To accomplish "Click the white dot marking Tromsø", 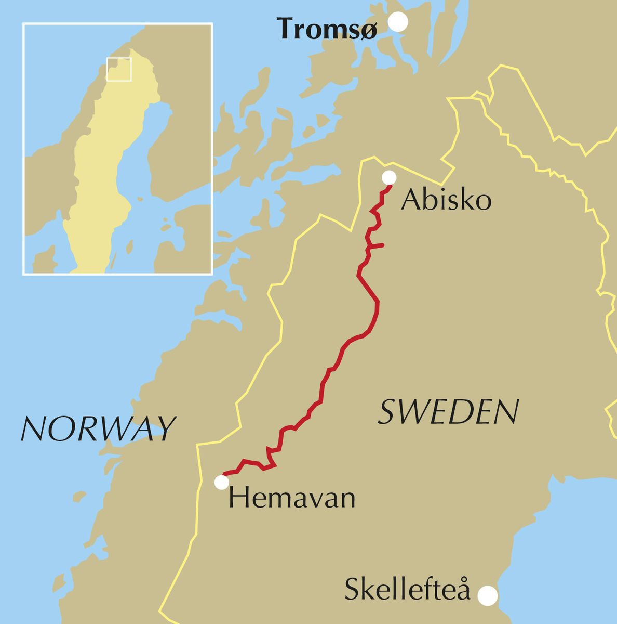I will (399, 22).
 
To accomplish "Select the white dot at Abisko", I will (389, 178).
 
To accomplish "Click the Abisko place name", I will (446, 200).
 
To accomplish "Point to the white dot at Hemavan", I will (222, 483).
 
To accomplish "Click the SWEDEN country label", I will (448, 412).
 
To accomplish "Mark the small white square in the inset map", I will (119, 69).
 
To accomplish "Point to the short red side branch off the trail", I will (376, 245).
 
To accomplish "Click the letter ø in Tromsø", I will (367, 31).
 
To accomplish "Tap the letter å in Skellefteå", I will (463, 591).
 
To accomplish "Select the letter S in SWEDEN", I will (387, 412).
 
